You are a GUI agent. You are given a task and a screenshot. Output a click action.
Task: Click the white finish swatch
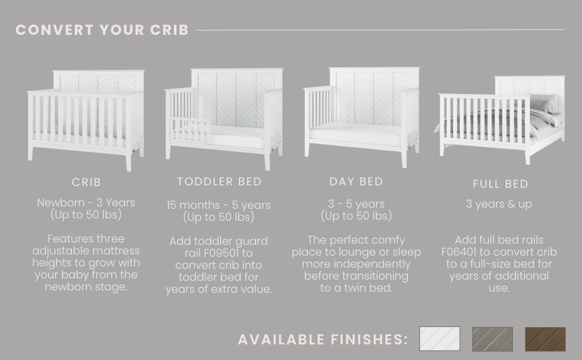439,338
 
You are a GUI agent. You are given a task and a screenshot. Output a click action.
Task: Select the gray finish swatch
492,339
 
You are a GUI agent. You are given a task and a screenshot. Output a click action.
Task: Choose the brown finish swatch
545,339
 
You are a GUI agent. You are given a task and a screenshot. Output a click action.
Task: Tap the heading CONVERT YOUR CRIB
102,30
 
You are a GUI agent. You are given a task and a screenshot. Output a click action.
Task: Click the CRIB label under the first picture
86,182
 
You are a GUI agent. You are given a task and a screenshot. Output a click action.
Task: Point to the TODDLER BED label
220,181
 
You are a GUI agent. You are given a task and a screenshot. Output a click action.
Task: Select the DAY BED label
356,181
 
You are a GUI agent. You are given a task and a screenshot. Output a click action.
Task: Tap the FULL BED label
500,184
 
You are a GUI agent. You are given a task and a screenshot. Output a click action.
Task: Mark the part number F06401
459,251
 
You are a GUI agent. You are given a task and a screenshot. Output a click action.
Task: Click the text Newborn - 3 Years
86,203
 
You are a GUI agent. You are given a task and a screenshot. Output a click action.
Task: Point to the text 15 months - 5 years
218,205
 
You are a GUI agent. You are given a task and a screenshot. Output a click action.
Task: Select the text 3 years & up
499,204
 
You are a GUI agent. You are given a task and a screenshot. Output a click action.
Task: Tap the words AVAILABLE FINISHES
323,339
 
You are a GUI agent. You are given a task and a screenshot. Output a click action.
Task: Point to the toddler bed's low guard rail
190,128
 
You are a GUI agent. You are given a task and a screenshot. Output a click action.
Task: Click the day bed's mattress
356,134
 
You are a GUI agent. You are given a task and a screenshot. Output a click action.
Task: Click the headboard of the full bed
530,86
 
